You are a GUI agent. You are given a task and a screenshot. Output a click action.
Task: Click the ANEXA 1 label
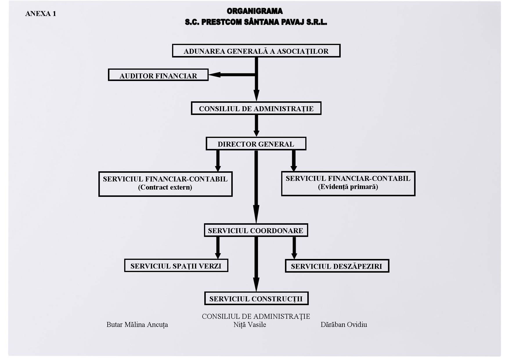(x=41, y=14)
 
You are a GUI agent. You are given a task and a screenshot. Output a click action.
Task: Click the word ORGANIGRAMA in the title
(x=255, y=11)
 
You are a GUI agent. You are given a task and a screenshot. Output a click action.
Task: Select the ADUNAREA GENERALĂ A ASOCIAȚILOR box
(x=256, y=51)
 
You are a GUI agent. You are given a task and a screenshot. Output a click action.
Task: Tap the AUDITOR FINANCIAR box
(x=158, y=75)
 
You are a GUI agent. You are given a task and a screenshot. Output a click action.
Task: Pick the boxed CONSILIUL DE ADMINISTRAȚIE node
(x=256, y=108)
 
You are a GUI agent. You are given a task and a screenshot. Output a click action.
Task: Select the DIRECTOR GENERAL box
(x=256, y=144)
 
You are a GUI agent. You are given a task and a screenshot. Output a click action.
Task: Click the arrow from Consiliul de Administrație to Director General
(x=256, y=126)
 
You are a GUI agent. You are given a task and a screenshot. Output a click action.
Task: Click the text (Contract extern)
(x=165, y=187)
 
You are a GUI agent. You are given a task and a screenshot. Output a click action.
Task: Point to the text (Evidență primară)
(x=348, y=187)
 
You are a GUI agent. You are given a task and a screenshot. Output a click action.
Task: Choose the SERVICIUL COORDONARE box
(x=256, y=230)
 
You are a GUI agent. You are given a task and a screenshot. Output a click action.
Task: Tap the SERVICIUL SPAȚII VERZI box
(x=176, y=266)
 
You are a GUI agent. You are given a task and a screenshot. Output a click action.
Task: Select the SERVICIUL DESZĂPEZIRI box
(x=337, y=266)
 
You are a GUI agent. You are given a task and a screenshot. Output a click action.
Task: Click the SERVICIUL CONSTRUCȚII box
(x=256, y=298)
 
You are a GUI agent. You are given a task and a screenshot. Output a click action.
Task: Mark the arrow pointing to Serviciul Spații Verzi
(x=218, y=248)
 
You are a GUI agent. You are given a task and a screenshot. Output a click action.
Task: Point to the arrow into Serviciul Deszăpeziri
(x=294, y=248)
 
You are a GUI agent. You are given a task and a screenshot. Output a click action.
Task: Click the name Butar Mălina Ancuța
(x=137, y=325)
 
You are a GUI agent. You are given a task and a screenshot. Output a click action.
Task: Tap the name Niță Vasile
(x=250, y=325)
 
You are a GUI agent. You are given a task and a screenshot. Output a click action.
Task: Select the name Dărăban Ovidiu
(x=344, y=325)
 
